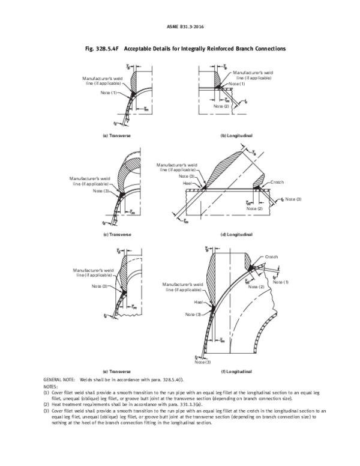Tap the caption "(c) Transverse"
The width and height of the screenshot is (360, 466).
[x=116, y=234]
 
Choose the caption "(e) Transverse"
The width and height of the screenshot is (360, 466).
[x=116, y=372]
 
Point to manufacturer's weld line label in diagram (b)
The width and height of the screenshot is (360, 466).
[x=254, y=76]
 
